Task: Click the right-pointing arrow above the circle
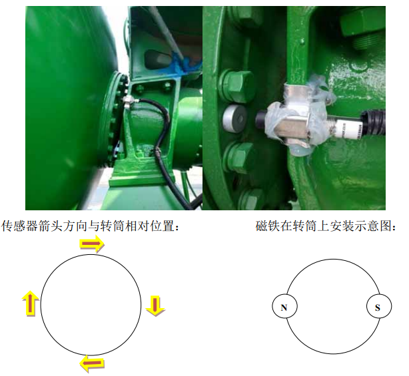pyautogui.click(x=92, y=244)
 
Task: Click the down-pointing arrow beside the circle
pyautogui.click(x=155, y=305)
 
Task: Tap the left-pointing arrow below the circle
pyautogui.click(x=92, y=363)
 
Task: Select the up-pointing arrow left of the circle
pyautogui.click(x=31, y=303)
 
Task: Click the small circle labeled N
pyautogui.click(x=284, y=306)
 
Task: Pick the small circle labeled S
pyautogui.click(x=379, y=306)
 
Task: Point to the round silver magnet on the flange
pyautogui.click(x=234, y=118)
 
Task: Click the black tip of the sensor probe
pyautogui.click(x=261, y=120)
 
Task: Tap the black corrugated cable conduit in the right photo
pyautogui.click(x=372, y=122)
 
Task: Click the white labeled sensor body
pyautogui.click(x=348, y=128)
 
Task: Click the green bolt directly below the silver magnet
pyautogui.click(x=238, y=156)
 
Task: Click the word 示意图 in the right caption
pyautogui.click(x=374, y=226)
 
